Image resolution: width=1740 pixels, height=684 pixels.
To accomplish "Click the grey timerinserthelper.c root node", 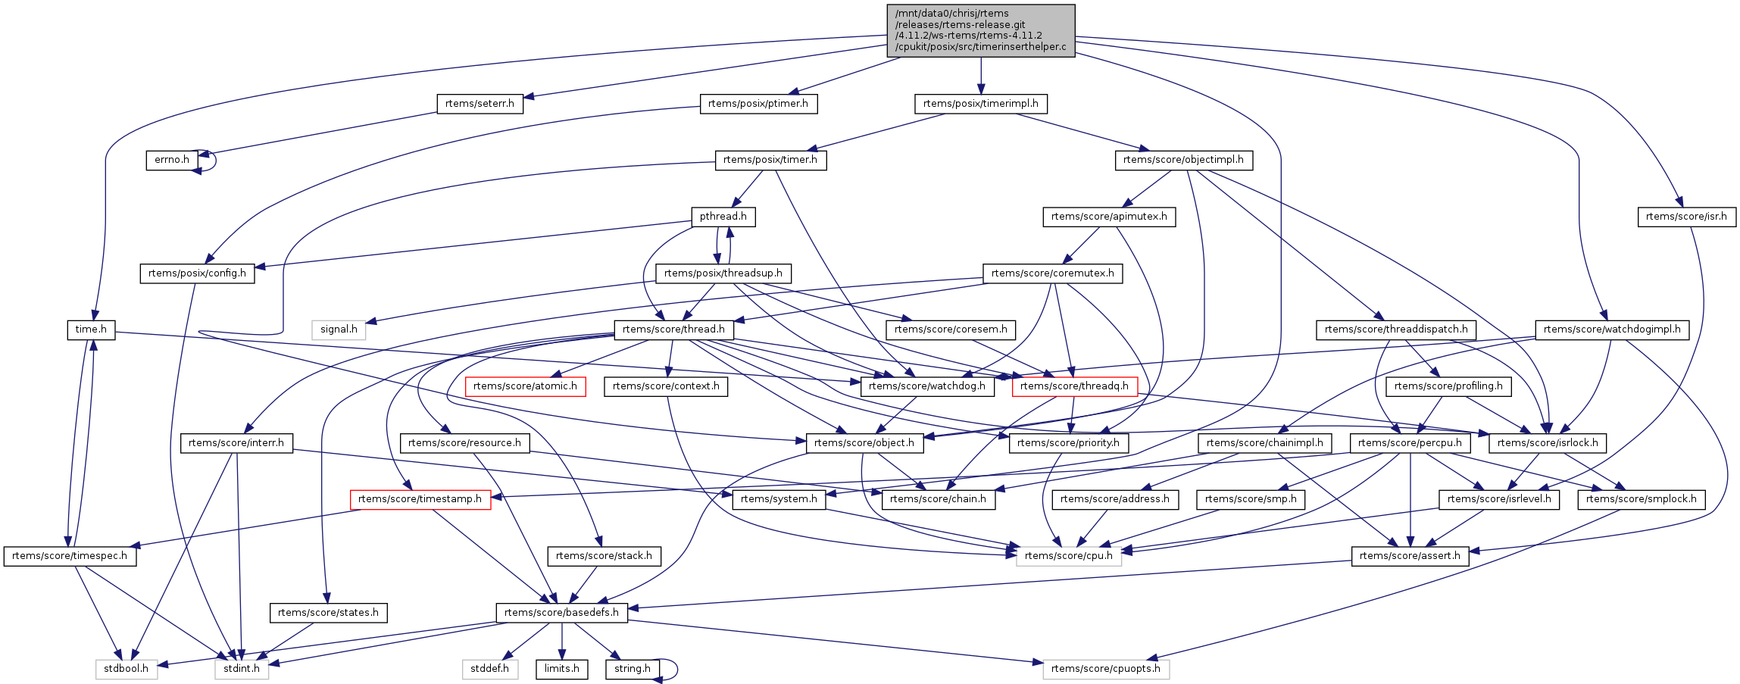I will click(980, 30).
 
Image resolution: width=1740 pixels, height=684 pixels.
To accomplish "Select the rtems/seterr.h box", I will click(480, 104).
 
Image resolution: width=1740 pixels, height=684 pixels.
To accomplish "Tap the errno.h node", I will click(172, 160).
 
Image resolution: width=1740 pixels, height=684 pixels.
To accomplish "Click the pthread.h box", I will click(723, 217).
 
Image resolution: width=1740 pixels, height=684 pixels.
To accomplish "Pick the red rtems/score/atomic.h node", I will click(525, 386).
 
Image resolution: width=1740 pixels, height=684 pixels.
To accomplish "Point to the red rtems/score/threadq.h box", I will click(1074, 386).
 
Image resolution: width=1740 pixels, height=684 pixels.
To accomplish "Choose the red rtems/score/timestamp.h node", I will click(420, 499).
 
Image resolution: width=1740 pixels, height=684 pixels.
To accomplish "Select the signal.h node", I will click(339, 330).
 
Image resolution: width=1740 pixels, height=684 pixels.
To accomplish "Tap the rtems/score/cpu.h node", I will click(1068, 556).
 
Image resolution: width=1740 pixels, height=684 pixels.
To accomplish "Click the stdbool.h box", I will click(127, 669).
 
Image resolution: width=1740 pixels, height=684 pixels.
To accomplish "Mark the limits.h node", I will click(561, 669).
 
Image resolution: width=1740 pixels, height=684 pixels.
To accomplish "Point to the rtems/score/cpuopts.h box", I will click(1105, 669).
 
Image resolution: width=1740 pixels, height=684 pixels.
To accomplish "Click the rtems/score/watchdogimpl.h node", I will click(1611, 330).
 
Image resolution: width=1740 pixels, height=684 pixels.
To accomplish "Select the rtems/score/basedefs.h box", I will click(561, 613).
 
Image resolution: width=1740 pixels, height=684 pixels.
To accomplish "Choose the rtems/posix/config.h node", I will click(197, 273).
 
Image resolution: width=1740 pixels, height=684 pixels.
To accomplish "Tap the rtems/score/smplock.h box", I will click(1641, 499).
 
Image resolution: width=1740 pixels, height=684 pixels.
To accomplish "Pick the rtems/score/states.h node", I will click(328, 613).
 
